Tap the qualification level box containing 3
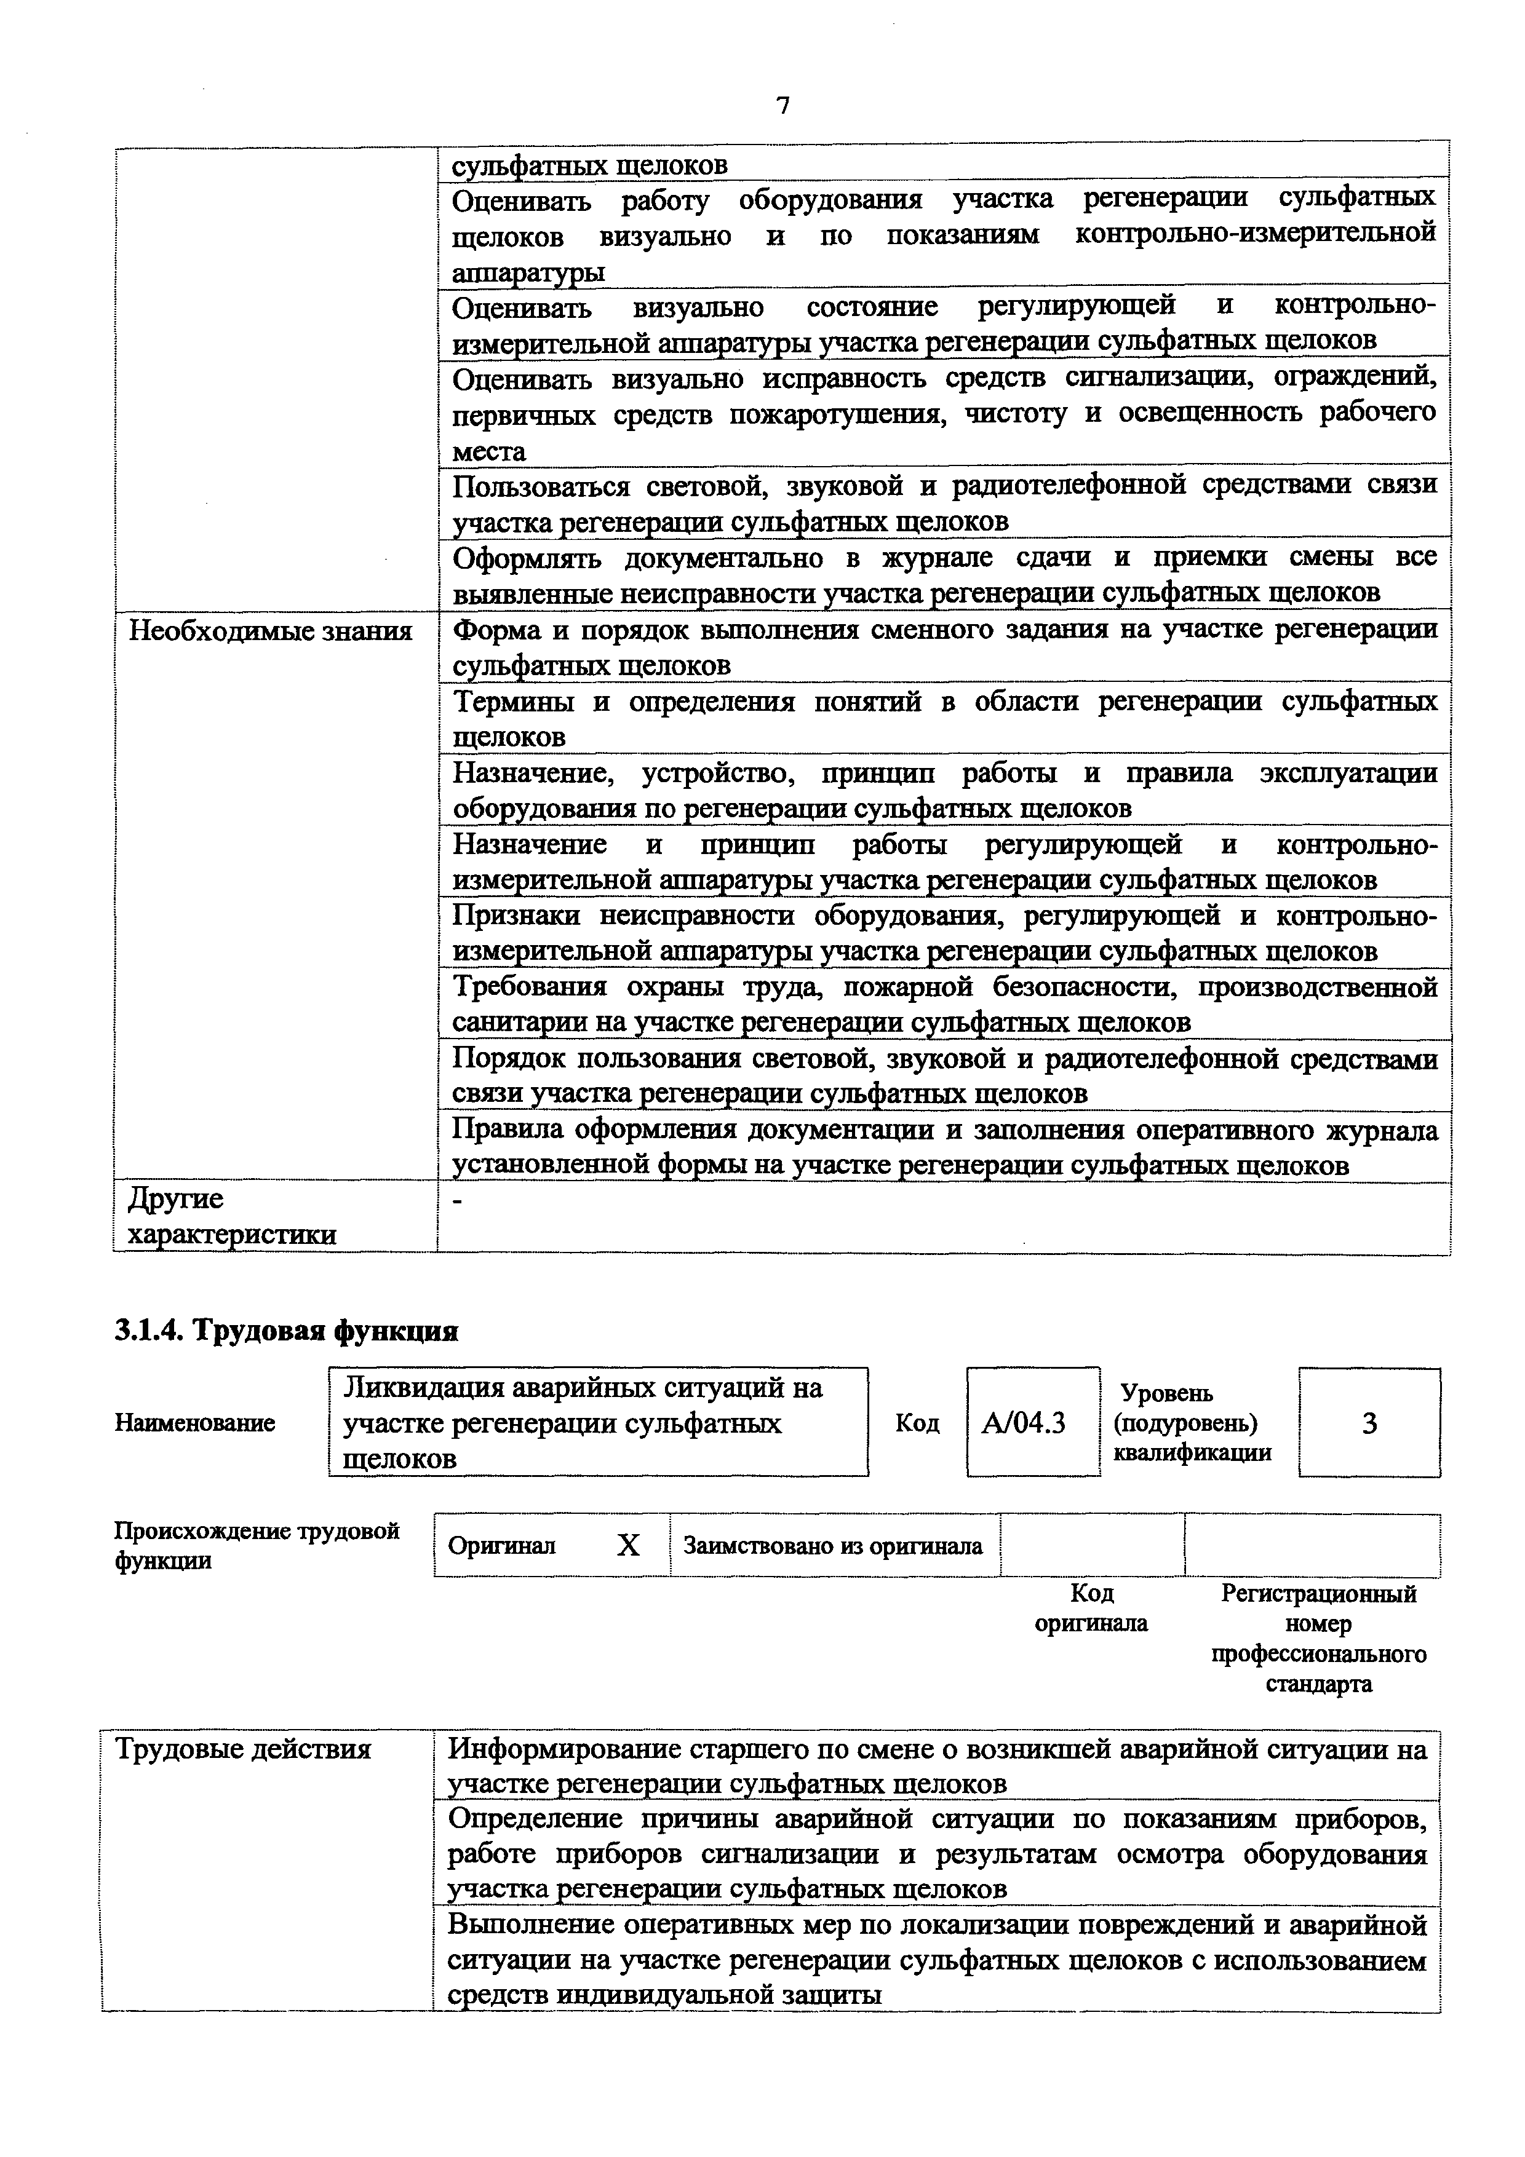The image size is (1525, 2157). tap(1369, 1424)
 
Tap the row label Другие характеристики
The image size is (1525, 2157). tap(231, 1217)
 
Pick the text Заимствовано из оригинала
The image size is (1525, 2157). tap(832, 1545)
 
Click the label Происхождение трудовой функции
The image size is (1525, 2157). tap(257, 1545)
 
